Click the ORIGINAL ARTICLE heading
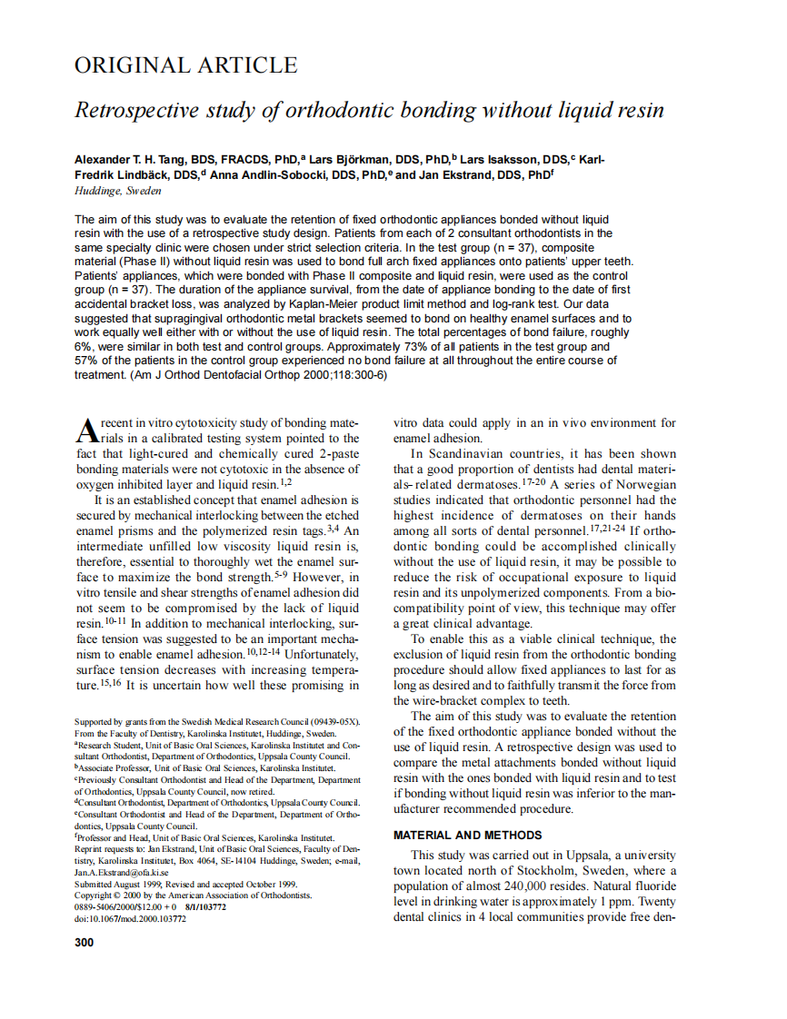pyautogui.click(x=185, y=65)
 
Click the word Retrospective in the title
pyautogui.click(x=134, y=111)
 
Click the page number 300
pyautogui.click(x=84, y=942)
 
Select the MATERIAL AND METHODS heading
pyautogui.click(x=467, y=835)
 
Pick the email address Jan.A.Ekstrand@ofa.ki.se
pyautogui.click(x=121, y=872)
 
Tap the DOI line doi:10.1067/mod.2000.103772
pyautogui.click(x=130, y=918)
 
